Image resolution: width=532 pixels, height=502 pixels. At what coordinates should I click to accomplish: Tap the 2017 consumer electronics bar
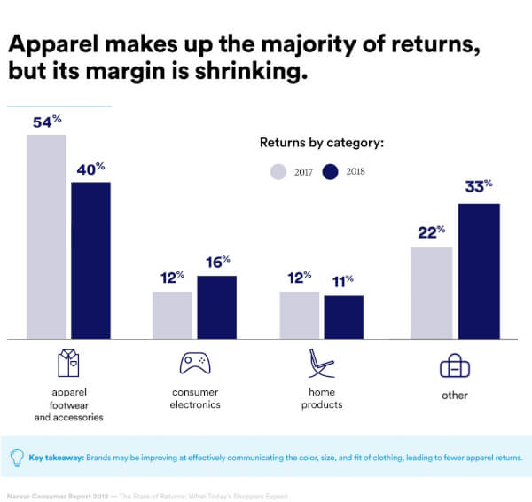tap(172, 315)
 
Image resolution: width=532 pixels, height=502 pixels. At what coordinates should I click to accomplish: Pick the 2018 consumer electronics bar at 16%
tap(216, 307)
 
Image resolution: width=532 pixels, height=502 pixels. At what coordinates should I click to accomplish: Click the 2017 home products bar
tap(300, 315)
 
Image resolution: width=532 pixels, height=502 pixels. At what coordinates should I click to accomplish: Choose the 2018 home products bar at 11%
tap(343, 317)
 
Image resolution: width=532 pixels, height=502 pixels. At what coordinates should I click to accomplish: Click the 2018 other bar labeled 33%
tap(478, 271)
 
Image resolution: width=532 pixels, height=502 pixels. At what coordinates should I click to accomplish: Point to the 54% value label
tap(47, 122)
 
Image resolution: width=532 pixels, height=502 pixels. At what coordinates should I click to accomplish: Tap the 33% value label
tap(479, 188)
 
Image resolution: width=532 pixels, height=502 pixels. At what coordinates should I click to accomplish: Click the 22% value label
tap(432, 232)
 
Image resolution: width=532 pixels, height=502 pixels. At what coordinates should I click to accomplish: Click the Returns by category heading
tap(321, 142)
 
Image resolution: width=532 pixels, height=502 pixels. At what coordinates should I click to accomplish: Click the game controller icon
tap(195, 363)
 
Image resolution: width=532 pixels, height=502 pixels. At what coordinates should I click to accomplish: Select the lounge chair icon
tap(320, 365)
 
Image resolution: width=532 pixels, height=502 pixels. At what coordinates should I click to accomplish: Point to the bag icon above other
tap(455, 365)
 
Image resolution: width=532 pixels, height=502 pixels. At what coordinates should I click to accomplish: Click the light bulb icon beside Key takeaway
tap(17, 458)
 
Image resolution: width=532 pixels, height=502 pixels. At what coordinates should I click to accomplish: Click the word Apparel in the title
tap(53, 46)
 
